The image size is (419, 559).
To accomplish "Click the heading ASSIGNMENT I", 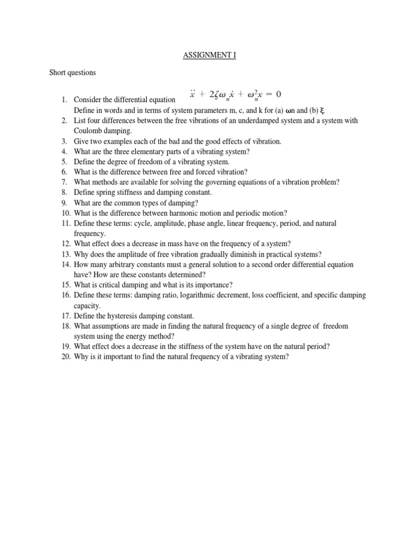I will (x=209, y=55).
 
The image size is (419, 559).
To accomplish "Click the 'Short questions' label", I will (x=73, y=73).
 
